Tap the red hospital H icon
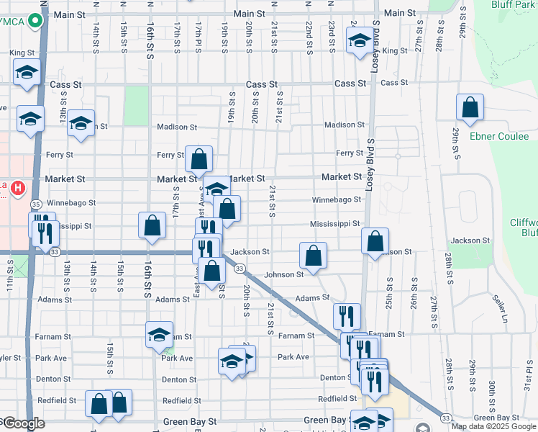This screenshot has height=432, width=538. pyautogui.click(x=17, y=189)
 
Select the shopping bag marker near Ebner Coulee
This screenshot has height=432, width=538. pyautogui.click(x=470, y=107)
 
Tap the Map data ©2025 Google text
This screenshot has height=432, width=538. pyautogui.click(x=494, y=426)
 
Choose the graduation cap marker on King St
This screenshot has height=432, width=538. pyautogui.click(x=359, y=40)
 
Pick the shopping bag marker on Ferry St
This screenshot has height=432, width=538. pyautogui.click(x=199, y=159)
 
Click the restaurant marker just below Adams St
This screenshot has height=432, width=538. pyautogui.click(x=346, y=315)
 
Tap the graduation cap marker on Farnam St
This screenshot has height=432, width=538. pyautogui.click(x=159, y=334)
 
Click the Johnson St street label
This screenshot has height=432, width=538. pyautogui.click(x=283, y=274)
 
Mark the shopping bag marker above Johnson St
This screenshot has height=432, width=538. pyautogui.click(x=313, y=255)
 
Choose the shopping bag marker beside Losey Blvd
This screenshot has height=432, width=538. pyautogui.click(x=375, y=240)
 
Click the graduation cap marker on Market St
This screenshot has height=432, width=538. pyautogui.click(x=216, y=189)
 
